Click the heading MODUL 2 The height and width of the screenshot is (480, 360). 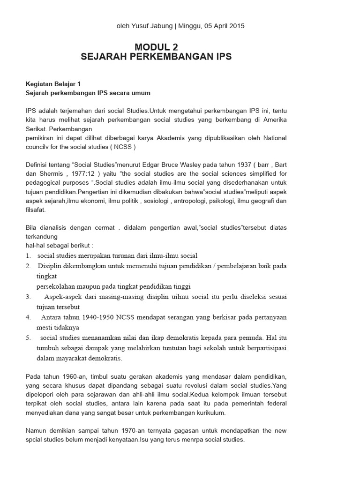(x=156, y=47)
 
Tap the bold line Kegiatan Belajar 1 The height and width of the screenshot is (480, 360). (x=53, y=84)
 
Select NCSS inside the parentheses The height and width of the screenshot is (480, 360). (x=121, y=147)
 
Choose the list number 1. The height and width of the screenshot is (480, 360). (x=28, y=255)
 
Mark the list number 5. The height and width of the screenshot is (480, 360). (x=28, y=337)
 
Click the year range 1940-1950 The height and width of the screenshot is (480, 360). (x=85, y=317)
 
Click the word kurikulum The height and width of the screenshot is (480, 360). (x=210, y=412)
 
